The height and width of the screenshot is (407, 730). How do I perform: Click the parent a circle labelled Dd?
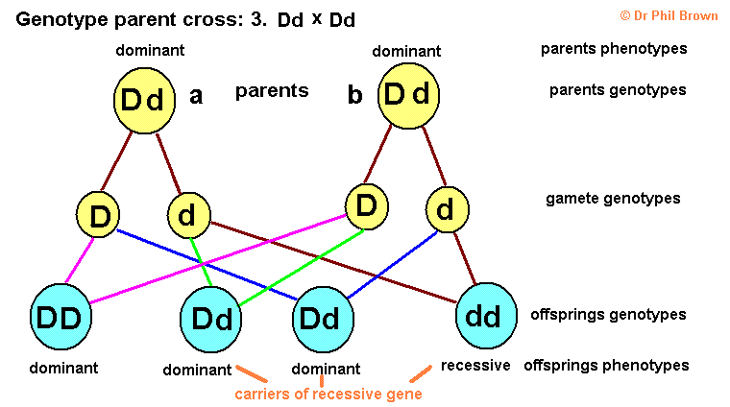tap(144, 100)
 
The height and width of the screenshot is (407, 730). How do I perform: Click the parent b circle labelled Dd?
tap(407, 95)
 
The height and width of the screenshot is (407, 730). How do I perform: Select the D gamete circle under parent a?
tap(100, 216)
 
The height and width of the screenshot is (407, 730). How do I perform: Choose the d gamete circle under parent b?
tap(445, 208)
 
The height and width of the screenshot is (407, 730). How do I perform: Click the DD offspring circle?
tap(61, 315)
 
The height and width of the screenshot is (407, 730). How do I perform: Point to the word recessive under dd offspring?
tap(475, 366)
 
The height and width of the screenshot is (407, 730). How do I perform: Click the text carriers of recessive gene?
tap(328, 394)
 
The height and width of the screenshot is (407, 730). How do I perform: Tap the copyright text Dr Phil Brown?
tap(669, 14)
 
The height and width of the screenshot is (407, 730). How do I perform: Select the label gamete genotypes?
tap(613, 199)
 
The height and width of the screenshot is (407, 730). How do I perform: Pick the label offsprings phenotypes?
tap(606, 366)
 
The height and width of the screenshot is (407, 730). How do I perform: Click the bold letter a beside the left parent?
tap(196, 95)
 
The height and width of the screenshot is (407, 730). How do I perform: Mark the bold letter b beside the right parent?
tap(355, 95)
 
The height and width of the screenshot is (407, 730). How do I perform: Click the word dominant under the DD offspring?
tap(63, 368)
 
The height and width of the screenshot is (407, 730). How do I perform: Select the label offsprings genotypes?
tap(608, 314)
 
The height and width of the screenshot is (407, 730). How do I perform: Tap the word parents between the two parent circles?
tap(272, 91)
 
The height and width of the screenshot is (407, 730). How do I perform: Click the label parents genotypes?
tap(618, 90)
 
